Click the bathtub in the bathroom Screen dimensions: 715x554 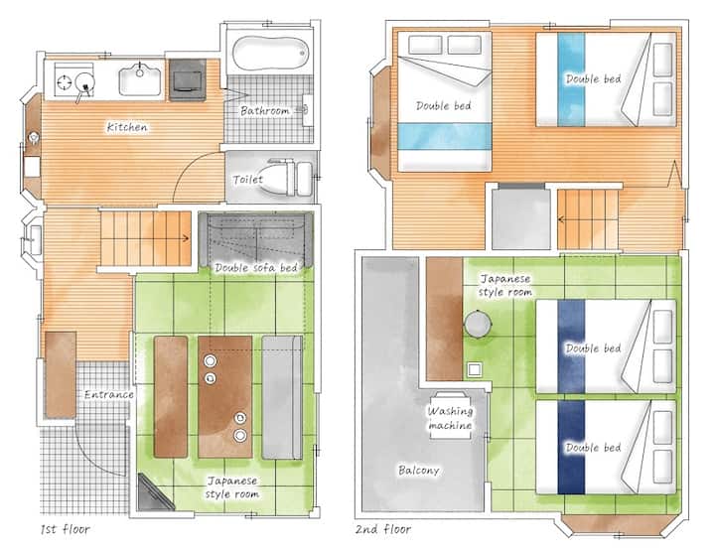coord(271,54)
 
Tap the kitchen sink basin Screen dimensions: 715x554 coord(140,79)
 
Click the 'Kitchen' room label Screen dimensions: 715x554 coord(127,127)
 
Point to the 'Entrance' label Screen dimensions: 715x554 coord(109,394)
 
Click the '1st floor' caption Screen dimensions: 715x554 coord(66,529)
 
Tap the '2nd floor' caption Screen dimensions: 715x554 coord(383,529)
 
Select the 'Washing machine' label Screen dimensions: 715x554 coord(450,418)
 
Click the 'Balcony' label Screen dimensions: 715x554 coord(419,470)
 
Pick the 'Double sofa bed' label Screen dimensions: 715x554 coord(256,268)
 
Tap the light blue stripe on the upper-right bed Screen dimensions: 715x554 coord(571,79)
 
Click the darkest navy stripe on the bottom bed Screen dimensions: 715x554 coord(571,448)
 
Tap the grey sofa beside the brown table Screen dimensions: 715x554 coord(282,397)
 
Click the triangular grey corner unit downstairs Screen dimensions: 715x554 coord(154,493)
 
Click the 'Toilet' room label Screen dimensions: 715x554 coord(247,180)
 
